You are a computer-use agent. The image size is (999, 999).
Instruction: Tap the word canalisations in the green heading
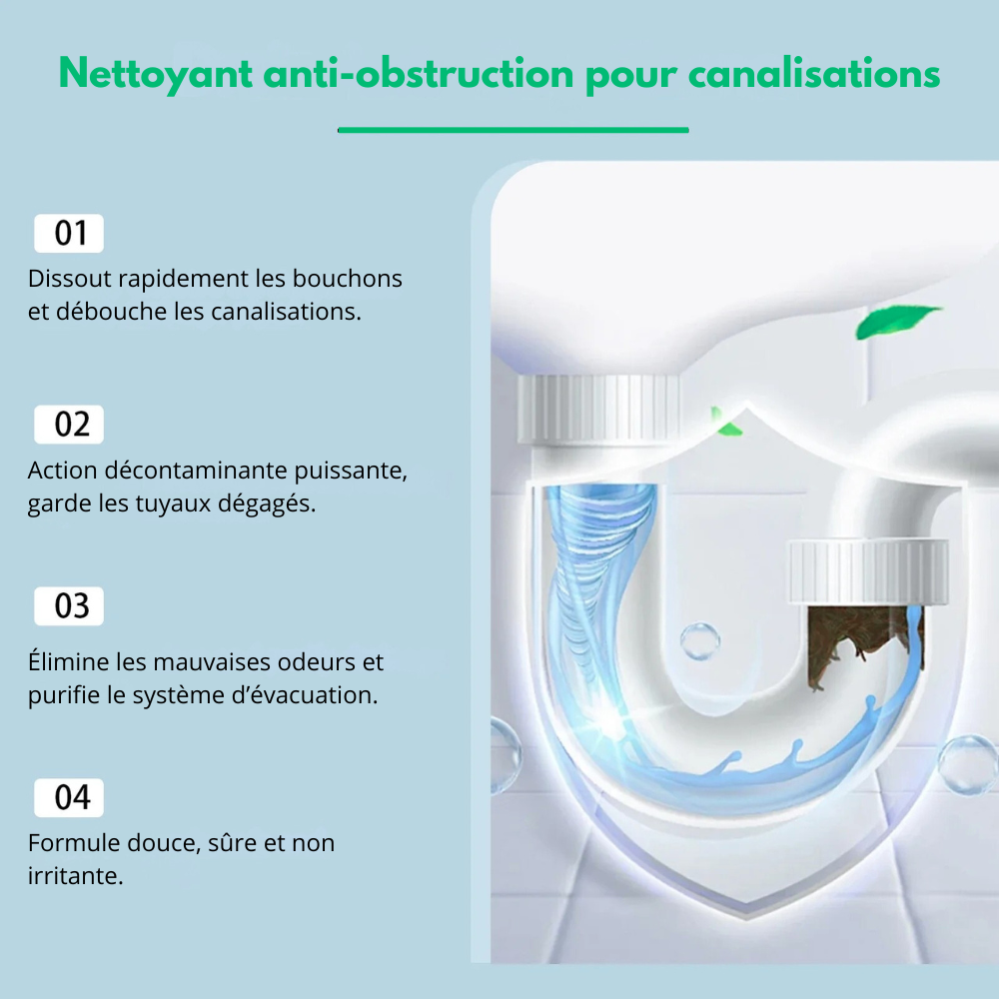tap(813, 73)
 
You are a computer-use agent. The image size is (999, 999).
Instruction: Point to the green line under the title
tap(512, 130)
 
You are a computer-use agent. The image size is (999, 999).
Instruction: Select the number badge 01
tap(69, 233)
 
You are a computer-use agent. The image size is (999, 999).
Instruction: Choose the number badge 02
tap(69, 425)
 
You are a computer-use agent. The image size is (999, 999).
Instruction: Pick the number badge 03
tap(69, 606)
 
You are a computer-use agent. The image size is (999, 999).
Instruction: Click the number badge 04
tap(69, 797)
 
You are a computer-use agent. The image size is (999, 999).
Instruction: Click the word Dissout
tap(70, 279)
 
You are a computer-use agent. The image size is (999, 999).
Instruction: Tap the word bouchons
tap(348, 279)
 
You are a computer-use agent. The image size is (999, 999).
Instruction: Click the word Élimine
tap(69, 661)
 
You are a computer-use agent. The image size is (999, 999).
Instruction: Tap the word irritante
tap(75, 876)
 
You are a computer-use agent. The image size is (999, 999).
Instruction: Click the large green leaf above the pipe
tap(894, 321)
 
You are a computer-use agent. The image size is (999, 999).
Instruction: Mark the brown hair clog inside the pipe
tap(863, 643)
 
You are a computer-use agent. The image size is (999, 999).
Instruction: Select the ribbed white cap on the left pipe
tap(598, 408)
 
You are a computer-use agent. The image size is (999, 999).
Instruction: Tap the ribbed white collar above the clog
tap(868, 571)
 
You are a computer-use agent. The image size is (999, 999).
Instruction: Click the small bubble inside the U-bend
tap(699, 641)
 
